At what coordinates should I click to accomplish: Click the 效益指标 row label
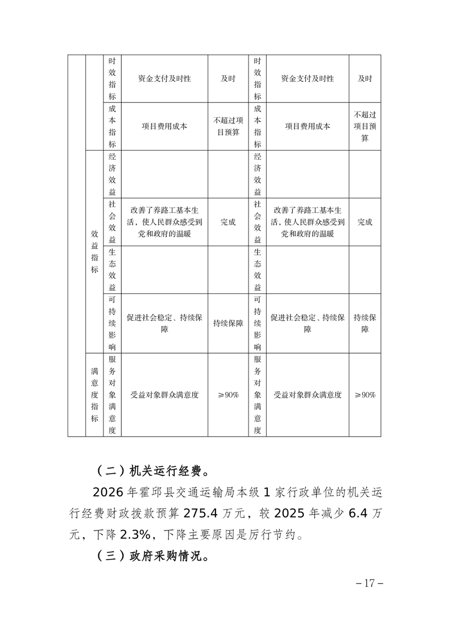click(x=94, y=252)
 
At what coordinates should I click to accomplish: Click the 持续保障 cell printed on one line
click(x=228, y=323)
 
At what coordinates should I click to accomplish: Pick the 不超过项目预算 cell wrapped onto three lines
click(x=365, y=126)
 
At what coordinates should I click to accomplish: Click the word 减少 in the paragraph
click(x=334, y=513)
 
